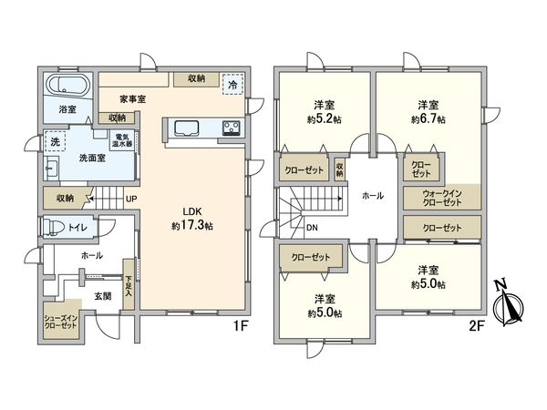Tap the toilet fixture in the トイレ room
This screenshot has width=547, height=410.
coord(53,227)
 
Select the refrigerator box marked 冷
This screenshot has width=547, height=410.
coord(232,85)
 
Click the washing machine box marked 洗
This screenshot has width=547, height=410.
coord(55,141)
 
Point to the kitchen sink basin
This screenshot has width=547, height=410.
coord(186,128)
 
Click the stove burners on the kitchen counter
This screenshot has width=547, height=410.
coord(231,128)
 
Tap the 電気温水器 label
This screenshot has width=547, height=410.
coord(122,140)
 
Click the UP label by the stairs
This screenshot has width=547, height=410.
coord(131,199)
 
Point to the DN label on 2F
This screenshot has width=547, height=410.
coord(312,228)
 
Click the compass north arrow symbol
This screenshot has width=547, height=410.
coord(509,303)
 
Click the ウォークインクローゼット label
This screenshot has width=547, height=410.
coord(442,198)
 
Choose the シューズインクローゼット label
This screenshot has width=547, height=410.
coord(60,323)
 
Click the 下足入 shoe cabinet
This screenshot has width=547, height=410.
coord(129,284)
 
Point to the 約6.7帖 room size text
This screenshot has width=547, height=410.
coord(428,119)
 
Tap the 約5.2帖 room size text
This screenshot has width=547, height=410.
coord(325,119)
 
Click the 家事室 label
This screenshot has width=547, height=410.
coord(132,99)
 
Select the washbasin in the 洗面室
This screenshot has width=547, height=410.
coord(52,168)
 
